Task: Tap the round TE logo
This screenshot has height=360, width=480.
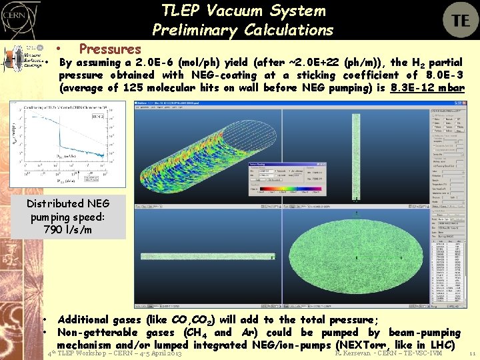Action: [460, 20]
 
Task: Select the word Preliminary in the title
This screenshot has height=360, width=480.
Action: [195, 30]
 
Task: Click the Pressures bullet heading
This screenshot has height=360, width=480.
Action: [110, 49]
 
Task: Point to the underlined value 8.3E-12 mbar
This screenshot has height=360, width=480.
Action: [427, 87]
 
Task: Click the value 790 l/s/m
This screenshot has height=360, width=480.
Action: [68, 229]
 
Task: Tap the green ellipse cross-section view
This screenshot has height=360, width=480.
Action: [356, 257]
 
